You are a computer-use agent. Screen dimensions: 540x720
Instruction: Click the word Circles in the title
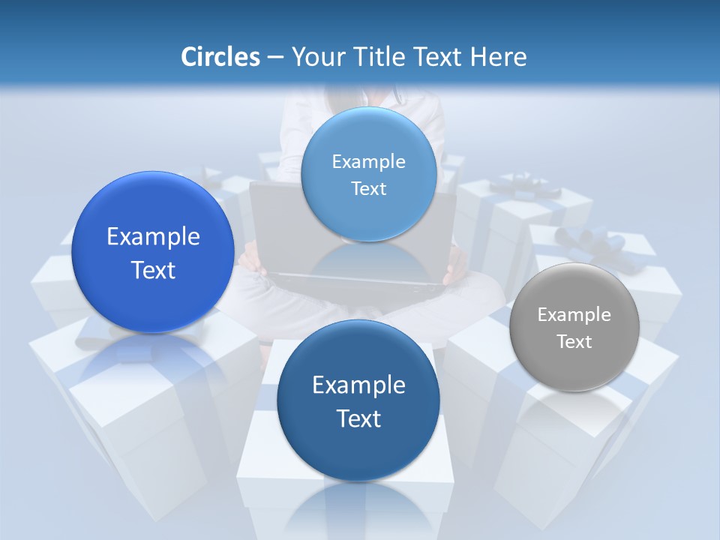click(220, 57)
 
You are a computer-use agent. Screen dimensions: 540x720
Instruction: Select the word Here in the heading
click(498, 57)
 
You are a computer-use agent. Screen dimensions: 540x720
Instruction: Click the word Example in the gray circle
click(574, 315)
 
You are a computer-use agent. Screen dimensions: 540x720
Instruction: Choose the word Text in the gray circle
click(574, 342)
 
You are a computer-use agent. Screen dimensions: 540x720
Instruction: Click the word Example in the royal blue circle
click(153, 237)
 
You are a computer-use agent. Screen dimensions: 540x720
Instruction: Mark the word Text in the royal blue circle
click(153, 270)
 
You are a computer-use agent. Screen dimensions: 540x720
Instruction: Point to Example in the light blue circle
click(368, 162)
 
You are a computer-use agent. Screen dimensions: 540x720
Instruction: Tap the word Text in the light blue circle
click(368, 189)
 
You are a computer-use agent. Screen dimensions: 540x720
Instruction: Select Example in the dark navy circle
click(358, 385)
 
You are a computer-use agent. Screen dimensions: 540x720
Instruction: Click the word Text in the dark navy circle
click(358, 418)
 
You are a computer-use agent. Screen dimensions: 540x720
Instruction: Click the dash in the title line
click(275, 58)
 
